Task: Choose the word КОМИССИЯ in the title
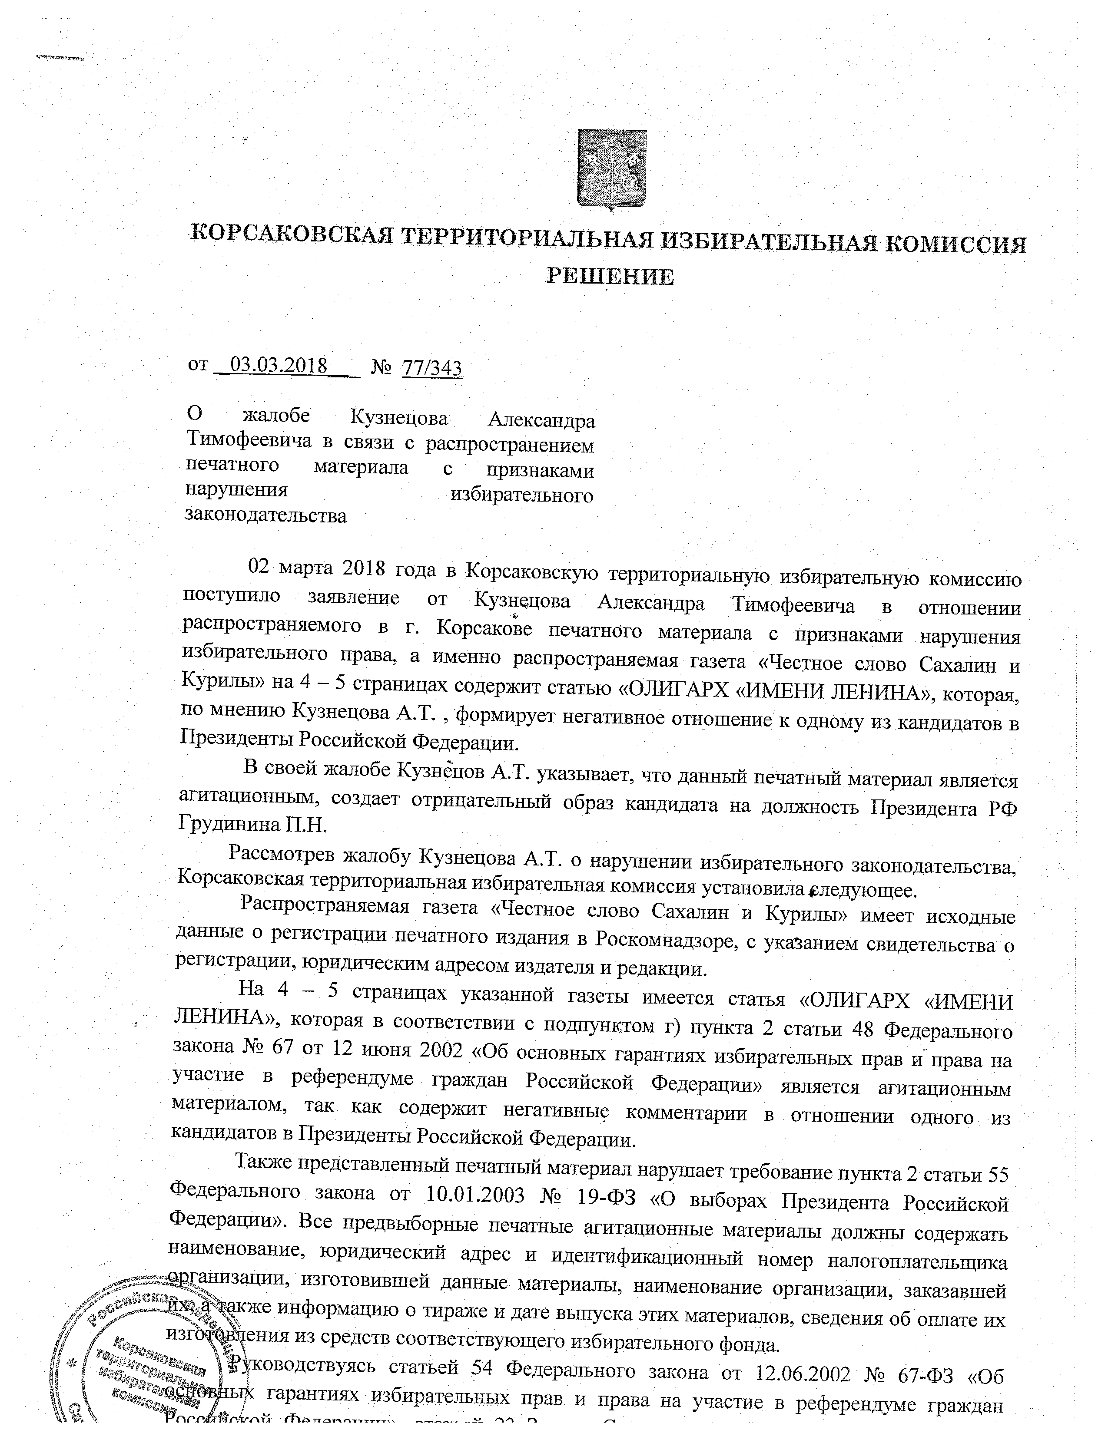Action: click(955, 245)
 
